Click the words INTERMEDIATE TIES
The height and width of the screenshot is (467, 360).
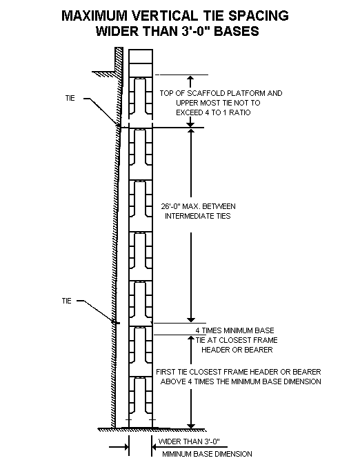pyautogui.click(x=197, y=216)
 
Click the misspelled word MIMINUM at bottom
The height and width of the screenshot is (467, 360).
pyautogui.click(x=181, y=454)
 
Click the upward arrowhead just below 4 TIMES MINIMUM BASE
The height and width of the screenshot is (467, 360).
pyautogui.click(x=188, y=339)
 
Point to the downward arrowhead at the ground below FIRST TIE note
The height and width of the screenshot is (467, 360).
pyautogui.click(x=188, y=422)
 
